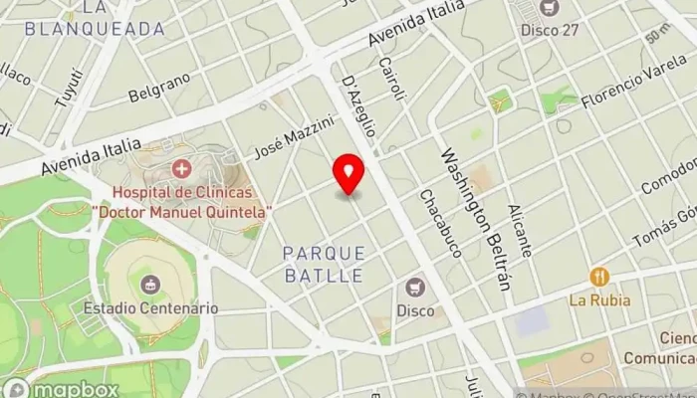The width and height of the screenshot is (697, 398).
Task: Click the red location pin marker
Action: coord(348,174)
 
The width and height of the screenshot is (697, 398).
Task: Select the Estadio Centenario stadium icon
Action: coord(150,286)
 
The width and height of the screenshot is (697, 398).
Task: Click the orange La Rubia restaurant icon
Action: coord(598,276)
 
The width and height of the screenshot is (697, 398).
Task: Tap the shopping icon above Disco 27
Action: coord(547,8)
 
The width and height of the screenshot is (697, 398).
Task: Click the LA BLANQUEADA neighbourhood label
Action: coord(96,19)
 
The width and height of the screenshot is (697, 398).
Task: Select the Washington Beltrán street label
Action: coord(476,219)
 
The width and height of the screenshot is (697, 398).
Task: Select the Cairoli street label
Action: coord(393,78)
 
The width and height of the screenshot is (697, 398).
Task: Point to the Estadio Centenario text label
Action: coord(150,308)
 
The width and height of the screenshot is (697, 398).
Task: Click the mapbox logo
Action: coord(62,388)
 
